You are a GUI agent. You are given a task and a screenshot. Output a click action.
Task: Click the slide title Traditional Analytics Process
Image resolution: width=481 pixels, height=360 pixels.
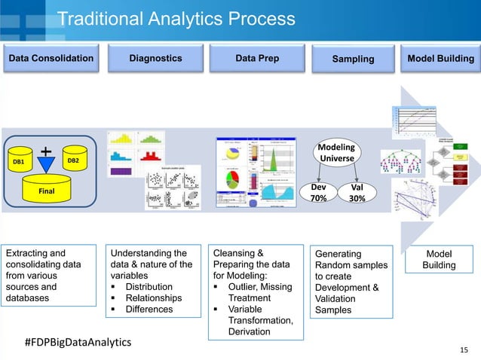(x=176, y=18)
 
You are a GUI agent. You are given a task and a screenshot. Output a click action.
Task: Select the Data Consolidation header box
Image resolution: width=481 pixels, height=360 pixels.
(x=51, y=57)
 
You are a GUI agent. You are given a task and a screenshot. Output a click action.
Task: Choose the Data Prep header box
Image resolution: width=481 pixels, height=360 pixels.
(x=257, y=57)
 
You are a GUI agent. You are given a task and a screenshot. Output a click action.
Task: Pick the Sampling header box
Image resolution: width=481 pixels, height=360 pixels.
(x=354, y=58)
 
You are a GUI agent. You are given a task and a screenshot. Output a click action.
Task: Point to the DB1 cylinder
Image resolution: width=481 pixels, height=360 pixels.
(x=19, y=161)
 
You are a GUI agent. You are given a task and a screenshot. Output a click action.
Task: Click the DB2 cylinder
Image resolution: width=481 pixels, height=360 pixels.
(x=74, y=160)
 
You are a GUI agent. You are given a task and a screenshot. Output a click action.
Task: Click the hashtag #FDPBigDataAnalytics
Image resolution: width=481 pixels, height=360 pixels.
(x=77, y=342)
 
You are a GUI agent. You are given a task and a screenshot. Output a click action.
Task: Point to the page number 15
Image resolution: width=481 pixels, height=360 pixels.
(x=463, y=349)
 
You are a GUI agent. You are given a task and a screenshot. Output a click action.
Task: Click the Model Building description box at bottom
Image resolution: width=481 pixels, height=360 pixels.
(x=439, y=260)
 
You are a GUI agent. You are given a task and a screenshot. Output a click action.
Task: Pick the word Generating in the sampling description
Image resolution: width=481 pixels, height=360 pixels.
(x=339, y=254)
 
